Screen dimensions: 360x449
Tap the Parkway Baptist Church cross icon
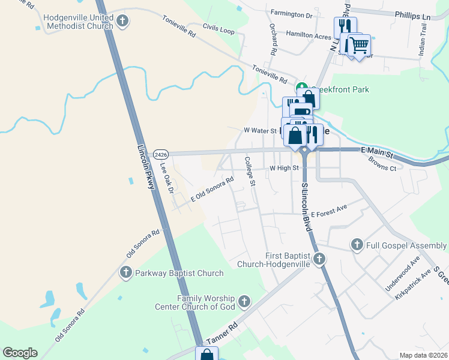[x=126, y=273]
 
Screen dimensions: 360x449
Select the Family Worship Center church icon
[x=243, y=301]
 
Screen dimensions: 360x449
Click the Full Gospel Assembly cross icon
[x=357, y=245]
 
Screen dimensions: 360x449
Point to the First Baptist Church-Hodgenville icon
[x=319, y=259]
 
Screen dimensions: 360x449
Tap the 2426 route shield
[x=160, y=154]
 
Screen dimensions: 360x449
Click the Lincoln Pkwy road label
[x=146, y=167]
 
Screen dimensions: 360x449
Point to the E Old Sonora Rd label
[x=212, y=189]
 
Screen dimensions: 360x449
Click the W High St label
[x=284, y=169]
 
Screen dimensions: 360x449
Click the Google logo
[x=20, y=352]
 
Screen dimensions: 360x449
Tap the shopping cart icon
[x=359, y=44]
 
